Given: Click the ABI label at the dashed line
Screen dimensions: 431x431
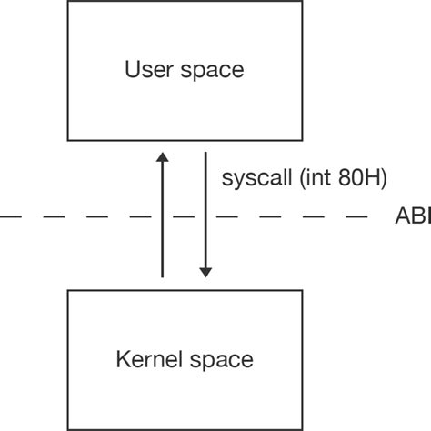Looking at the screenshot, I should pyautogui.click(x=413, y=217).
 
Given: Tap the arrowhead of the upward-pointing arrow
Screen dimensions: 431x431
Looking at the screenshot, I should pyautogui.click(x=163, y=157).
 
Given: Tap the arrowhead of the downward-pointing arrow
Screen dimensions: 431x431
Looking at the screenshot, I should pyautogui.click(x=205, y=270).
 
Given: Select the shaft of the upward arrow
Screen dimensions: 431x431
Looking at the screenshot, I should pyautogui.click(x=163, y=218).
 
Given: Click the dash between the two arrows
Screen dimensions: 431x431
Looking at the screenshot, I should pyautogui.click(x=185, y=217).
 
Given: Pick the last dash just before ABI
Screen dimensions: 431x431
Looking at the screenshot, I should pyautogui.click(x=359, y=217).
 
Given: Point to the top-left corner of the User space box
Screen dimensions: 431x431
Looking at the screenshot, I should pyautogui.click(x=69, y=2).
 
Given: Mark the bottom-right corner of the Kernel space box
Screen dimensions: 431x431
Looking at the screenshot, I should pyautogui.click(x=302, y=428).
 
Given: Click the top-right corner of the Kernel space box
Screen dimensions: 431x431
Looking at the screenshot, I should pyautogui.click(x=302, y=290).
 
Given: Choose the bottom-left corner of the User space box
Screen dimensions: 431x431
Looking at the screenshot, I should pyautogui.click(x=69, y=139).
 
